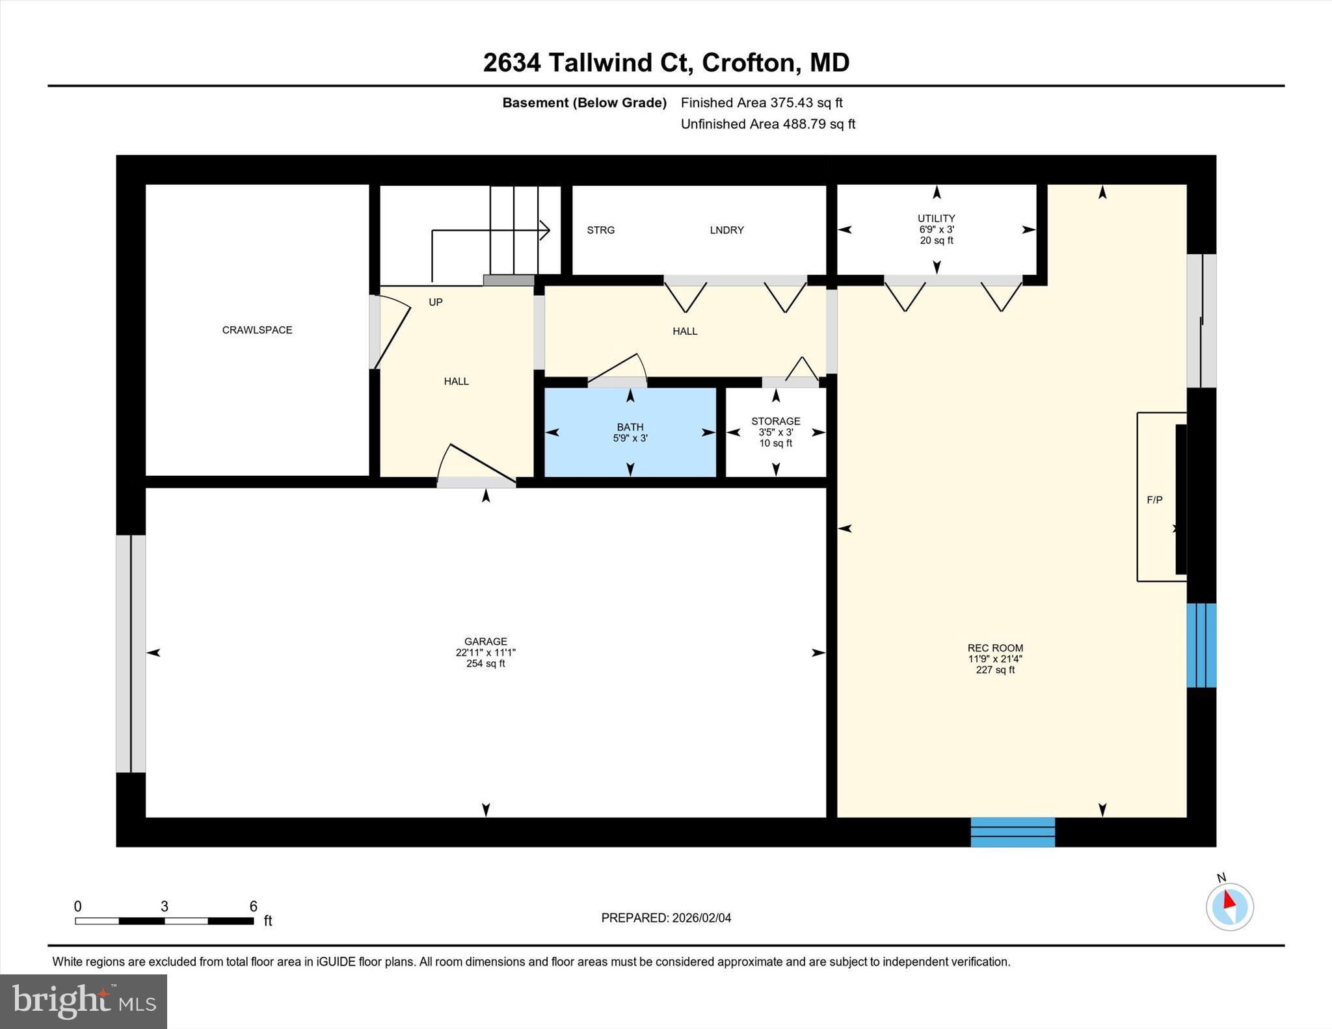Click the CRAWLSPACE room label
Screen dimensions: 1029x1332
[257, 330]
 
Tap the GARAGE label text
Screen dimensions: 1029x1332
[485, 642]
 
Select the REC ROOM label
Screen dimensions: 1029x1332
[995, 648]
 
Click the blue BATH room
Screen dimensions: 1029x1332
[630, 432]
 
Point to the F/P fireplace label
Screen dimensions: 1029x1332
[1154, 500]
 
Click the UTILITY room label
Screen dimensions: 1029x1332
[936, 218]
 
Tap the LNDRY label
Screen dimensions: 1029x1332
[726, 230]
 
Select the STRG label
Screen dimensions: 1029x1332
[600, 230]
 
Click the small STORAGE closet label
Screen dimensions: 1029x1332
[775, 421]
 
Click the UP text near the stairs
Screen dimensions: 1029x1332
[435, 302]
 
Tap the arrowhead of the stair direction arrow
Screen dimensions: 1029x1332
[545, 230]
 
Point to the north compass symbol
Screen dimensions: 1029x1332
[1229, 906]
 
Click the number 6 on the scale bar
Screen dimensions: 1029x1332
[253, 906]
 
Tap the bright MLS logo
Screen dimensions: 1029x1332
[83, 1001]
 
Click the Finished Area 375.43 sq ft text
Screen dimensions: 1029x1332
[761, 103]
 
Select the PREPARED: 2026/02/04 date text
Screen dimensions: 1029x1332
[666, 918]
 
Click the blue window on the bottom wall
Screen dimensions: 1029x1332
[1013, 832]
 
